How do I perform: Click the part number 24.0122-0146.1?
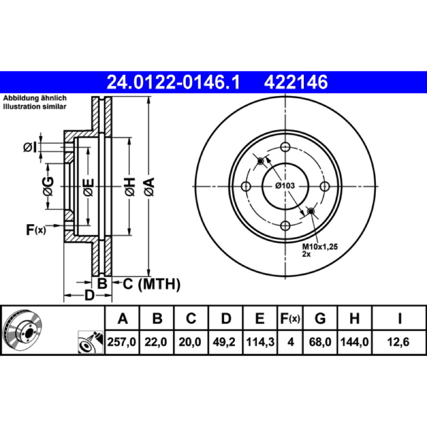(x=173, y=82)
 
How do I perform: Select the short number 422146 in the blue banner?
(x=296, y=82)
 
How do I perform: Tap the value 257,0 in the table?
(x=122, y=342)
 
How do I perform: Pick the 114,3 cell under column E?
(x=260, y=342)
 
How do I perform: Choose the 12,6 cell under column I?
(x=398, y=342)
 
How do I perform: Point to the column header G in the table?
(x=320, y=318)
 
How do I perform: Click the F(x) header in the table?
(x=290, y=318)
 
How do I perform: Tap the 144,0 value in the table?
(x=354, y=342)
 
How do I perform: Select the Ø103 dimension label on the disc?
(x=285, y=186)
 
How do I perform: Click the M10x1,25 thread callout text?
(x=320, y=247)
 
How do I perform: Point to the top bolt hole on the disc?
(x=285, y=147)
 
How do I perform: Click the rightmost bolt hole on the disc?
(x=325, y=186)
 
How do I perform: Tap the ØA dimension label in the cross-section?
(x=149, y=186)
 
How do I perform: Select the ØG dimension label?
(x=48, y=186)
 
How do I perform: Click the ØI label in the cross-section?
(x=30, y=148)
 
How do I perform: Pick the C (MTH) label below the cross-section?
(x=152, y=284)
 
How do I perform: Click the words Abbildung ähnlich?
(x=35, y=98)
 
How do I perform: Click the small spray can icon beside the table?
(x=91, y=342)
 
